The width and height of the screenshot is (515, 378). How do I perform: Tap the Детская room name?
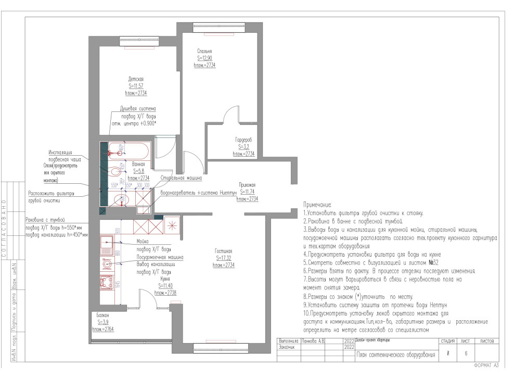136,79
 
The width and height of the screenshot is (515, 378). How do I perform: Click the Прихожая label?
247,185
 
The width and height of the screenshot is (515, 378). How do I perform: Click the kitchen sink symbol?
108,242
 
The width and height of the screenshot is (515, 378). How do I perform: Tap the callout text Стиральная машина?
182,178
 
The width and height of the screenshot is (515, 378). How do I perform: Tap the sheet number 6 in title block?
466,353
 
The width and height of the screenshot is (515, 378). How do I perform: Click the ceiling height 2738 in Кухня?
165,293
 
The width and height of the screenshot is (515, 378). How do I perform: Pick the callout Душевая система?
138,109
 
